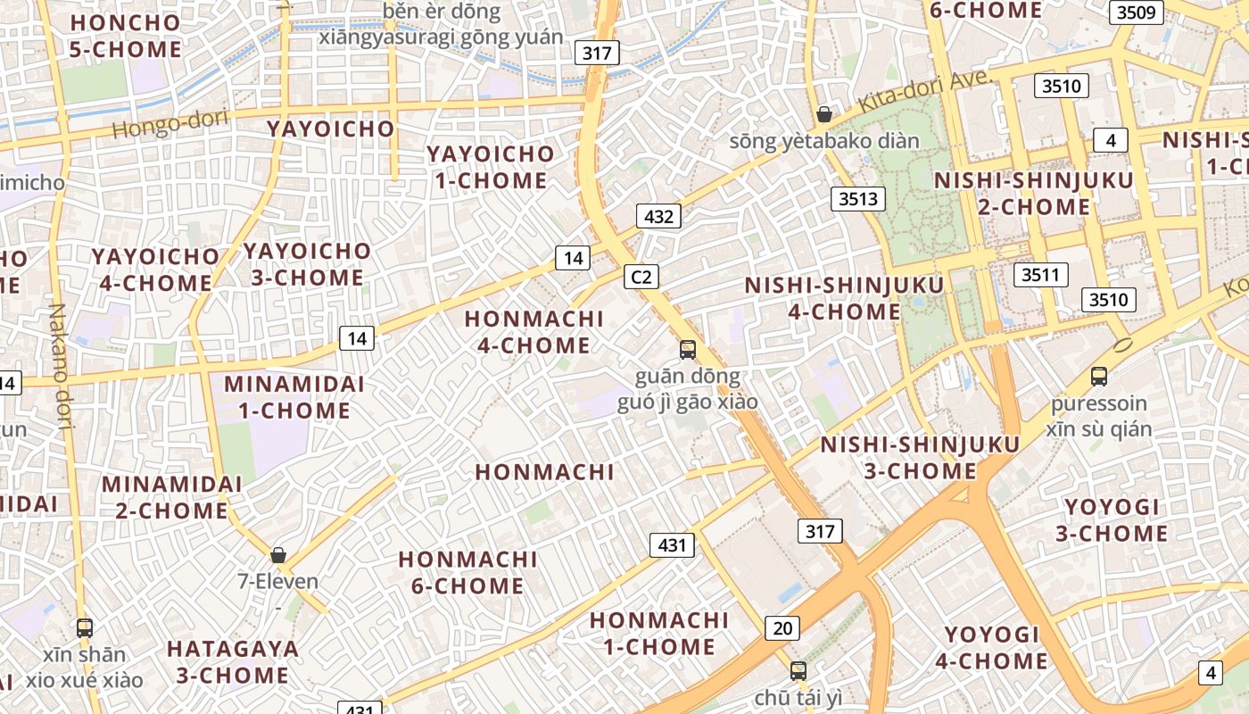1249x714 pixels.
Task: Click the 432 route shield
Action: point(658,216)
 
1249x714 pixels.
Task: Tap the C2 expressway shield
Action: point(641,277)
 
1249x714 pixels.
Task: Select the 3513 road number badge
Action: point(857,199)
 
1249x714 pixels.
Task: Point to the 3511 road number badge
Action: point(1039,274)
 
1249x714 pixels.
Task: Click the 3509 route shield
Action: point(1137,12)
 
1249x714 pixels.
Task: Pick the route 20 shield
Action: point(782,628)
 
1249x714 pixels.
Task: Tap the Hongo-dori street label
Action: point(170,123)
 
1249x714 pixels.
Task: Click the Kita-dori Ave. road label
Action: point(925,90)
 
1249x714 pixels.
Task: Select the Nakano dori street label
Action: point(60,367)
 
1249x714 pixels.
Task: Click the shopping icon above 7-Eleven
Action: point(278,555)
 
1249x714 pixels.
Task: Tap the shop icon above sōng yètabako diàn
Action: point(824,114)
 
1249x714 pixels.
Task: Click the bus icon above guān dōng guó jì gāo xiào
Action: point(687,350)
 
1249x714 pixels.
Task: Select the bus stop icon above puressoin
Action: point(1099,377)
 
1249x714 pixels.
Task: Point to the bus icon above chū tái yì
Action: point(798,670)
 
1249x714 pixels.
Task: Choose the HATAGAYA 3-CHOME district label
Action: point(233,661)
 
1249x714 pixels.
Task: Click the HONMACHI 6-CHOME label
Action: point(467,572)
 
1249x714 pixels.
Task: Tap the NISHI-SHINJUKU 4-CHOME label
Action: point(844,298)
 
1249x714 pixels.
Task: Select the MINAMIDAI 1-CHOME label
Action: point(294,397)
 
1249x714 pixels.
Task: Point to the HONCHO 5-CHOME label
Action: point(126,36)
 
